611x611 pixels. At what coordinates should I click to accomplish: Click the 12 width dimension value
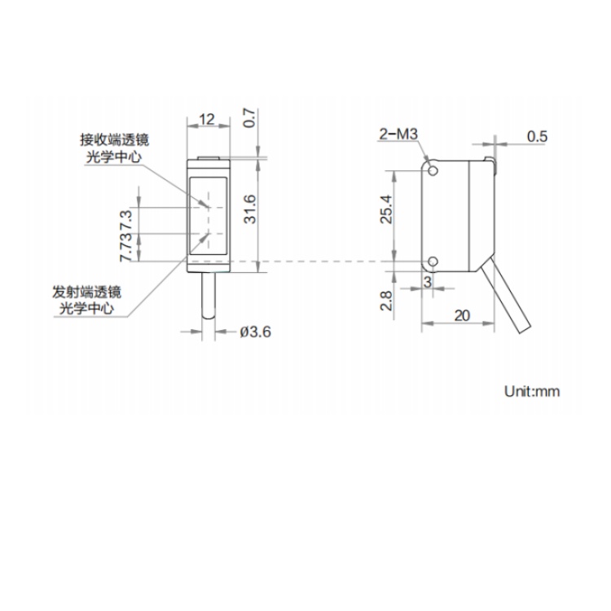pyautogui.click(x=207, y=119)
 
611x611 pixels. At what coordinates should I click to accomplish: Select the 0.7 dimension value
pyautogui.click(x=250, y=118)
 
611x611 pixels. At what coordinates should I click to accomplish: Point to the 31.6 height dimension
pyautogui.click(x=250, y=209)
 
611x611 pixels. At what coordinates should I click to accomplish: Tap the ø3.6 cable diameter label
pyautogui.click(x=255, y=332)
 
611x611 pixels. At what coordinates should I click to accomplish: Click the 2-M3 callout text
pyautogui.click(x=398, y=134)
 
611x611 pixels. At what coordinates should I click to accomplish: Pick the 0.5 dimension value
pyautogui.click(x=537, y=136)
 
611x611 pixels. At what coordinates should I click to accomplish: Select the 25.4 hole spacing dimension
pyautogui.click(x=386, y=209)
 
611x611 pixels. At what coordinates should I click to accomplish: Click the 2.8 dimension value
pyautogui.click(x=386, y=301)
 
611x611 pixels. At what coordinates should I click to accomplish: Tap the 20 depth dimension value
pyautogui.click(x=462, y=315)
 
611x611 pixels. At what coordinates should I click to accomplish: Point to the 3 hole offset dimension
pyautogui.click(x=428, y=282)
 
